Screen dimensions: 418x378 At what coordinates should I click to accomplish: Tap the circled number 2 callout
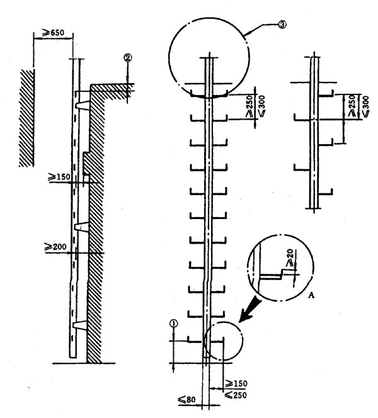pyautogui.click(x=127, y=57)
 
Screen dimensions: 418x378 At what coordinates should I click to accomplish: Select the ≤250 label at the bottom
pyautogui.click(x=235, y=395)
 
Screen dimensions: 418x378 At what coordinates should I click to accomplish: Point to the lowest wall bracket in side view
pyautogui.click(x=79, y=326)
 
